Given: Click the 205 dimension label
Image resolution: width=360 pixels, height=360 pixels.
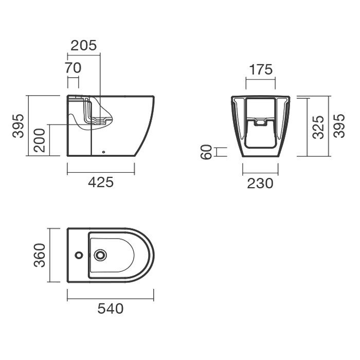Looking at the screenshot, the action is tap(83, 45).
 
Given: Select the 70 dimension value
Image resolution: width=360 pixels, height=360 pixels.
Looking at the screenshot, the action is tap(73, 68).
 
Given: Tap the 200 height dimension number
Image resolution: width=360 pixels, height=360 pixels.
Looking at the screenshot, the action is tap(39, 140).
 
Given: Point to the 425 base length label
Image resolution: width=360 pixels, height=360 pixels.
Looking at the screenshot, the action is tap(101, 182).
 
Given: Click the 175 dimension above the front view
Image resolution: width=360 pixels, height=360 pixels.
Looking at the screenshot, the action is tap(261, 69).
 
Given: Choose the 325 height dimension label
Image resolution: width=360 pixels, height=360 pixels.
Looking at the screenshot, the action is tap(318, 127).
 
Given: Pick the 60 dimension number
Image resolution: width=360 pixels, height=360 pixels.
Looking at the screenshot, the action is tap(206, 152).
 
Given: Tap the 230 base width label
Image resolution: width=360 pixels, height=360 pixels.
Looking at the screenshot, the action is tap(260, 184).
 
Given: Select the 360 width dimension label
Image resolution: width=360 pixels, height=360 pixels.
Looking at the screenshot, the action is tap(40, 255).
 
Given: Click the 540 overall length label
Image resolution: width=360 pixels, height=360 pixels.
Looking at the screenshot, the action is tap(111, 309).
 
